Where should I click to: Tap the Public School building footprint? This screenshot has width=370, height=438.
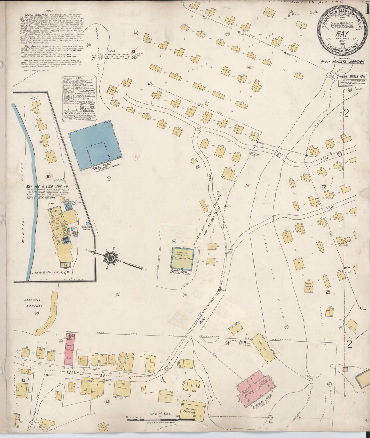coord(182,257)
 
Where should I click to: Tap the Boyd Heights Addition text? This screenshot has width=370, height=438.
coord(342,62)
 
